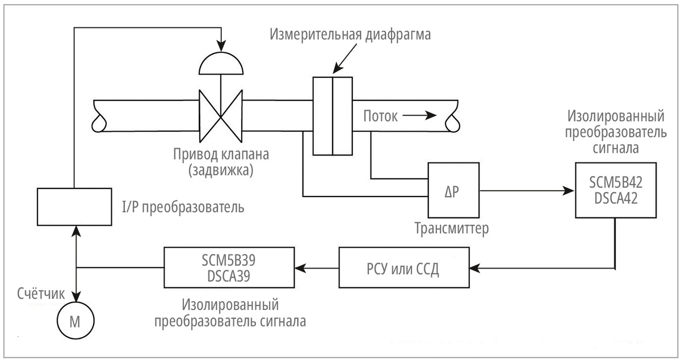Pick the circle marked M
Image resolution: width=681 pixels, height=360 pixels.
75,321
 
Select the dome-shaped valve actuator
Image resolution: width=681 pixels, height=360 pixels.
221,65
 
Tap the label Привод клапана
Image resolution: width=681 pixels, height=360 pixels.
220,154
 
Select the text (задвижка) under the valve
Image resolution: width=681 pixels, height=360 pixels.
220,170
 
